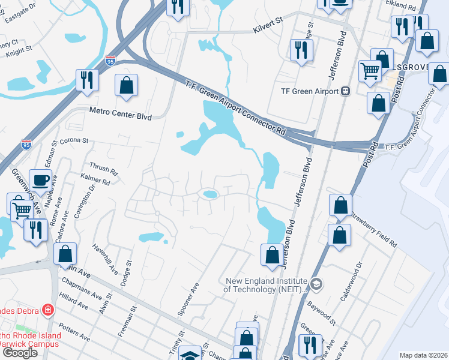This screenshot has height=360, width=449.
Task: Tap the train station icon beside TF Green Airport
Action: pyautogui.click(x=345, y=91)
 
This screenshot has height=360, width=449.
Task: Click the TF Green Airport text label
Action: pyautogui.click(x=310, y=91)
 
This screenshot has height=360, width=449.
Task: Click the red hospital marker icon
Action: pyautogui.click(x=47, y=310)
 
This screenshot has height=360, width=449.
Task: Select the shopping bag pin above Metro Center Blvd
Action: pyautogui.click(x=127, y=86)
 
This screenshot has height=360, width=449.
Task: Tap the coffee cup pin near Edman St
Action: pyautogui.click(x=41, y=179)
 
